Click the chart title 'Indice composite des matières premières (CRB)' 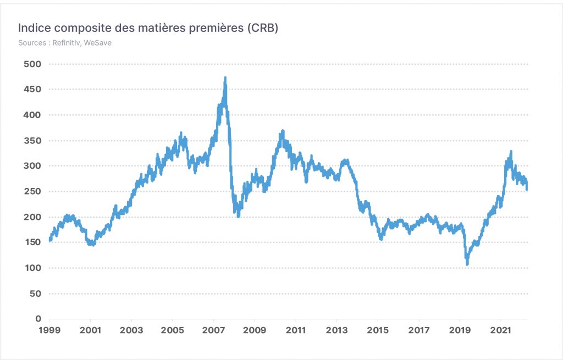click(x=148, y=27)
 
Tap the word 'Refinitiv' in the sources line click(x=66, y=43)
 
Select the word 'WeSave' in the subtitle click(x=98, y=43)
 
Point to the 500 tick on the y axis click(x=32, y=64)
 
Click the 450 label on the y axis click(x=32, y=90)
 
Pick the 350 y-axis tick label click(x=32, y=141)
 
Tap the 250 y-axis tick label click(x=32, y=191)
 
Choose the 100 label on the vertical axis click(x=32, y=268)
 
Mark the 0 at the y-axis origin click(x=38, y=319)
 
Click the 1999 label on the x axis click(x=49, y=330)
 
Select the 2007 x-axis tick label click(x=214, y=330)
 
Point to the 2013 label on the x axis click(x=337, y=330)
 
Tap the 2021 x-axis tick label click(x=501, y=330)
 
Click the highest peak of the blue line click(x=225, y=77)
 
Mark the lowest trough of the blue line click(x=467, y=264)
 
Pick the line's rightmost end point click(x=527, y=189)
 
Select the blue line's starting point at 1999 click(x=49, y=240)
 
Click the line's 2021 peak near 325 click(x=511, y=152)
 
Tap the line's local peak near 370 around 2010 click(x=283, y=131)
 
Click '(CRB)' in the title click(x=262, y=28)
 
